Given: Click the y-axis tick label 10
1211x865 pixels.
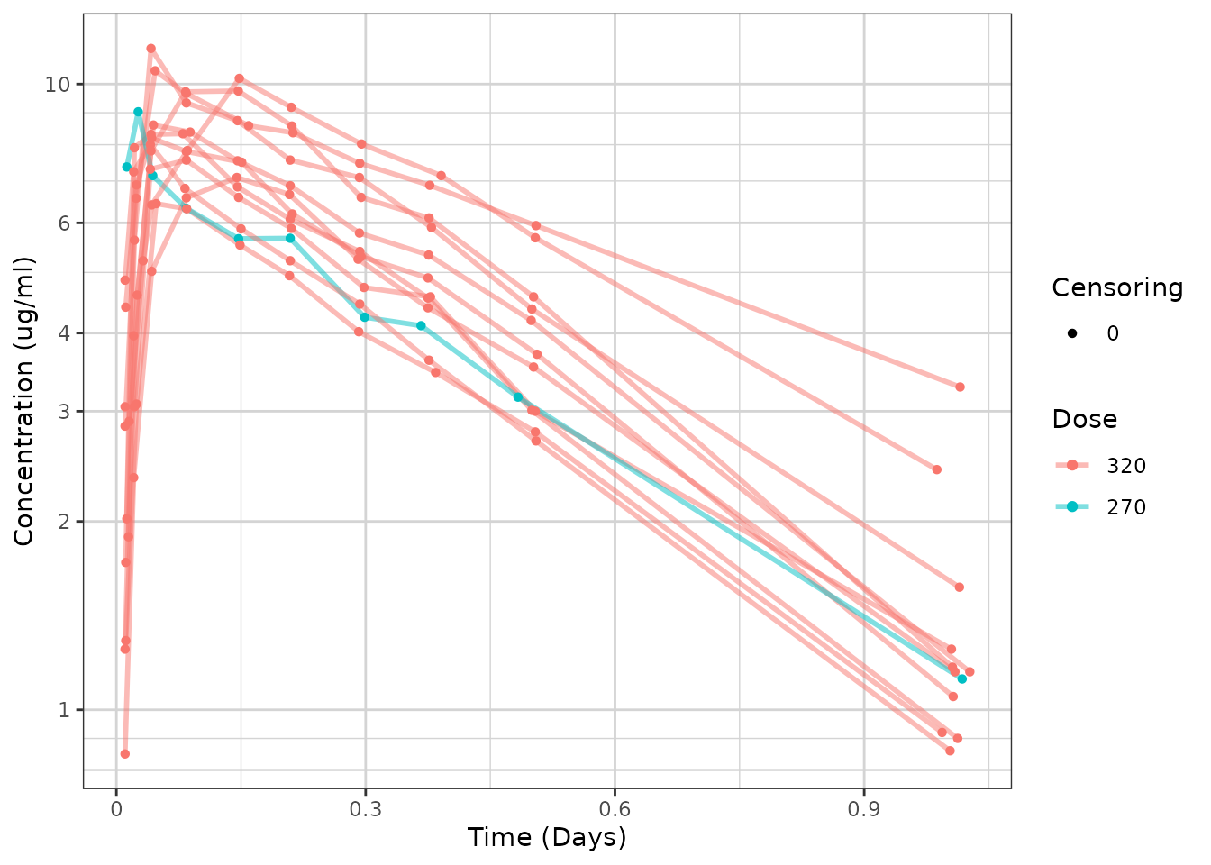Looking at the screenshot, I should coord(58,85).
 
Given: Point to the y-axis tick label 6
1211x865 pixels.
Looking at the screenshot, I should coord(63,223).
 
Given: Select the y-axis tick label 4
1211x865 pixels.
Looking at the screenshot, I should coord(63,333).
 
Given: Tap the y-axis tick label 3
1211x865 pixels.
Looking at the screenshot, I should coord(63,411).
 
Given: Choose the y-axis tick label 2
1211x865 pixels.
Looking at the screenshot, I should coord(63,522).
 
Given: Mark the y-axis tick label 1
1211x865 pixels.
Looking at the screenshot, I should coord(63,710).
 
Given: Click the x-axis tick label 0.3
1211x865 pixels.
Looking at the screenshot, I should coord(365,809).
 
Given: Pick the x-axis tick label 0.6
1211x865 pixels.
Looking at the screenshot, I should coord(615,809).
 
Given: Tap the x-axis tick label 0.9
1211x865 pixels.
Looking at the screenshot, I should coord(864,809).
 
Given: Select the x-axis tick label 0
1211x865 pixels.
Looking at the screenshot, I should coord(116,809).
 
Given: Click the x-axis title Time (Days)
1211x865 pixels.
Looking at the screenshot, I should coord(547,837).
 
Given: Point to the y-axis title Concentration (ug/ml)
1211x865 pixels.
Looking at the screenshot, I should coord(24,401).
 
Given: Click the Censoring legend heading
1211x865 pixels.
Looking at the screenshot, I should coord(1117,287).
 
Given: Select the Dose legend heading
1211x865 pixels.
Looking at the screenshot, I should coord(1084,419).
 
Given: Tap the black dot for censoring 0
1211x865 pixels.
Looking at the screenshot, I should coord(1072,333).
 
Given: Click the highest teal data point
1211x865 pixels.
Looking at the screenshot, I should coord(138,112).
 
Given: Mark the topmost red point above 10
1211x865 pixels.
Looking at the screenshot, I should coord(150,49).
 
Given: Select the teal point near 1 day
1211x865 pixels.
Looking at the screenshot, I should coord(962,678).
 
